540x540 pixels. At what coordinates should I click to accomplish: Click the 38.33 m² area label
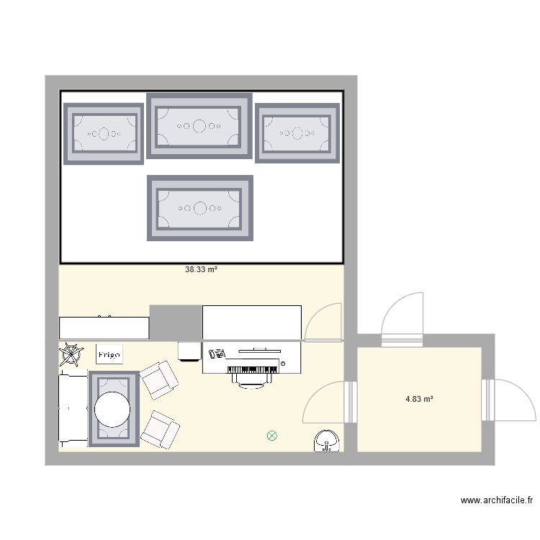pyautogui.click(x=201, y=269)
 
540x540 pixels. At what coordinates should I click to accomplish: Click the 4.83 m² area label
pyautogui.click(x=419, y=399)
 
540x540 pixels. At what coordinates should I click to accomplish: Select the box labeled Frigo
pyautogui.click(x=110, y=354)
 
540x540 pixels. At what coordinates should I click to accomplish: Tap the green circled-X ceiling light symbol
pyautogui.click(x=271, y=435)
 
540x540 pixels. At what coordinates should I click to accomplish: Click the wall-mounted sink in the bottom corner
pyautogui.click(x=328, y=441)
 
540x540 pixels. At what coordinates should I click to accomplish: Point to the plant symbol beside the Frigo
pyautogui.click(x=71, y=354)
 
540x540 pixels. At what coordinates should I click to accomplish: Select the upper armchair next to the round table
pyautogui.click(x=159, y=380)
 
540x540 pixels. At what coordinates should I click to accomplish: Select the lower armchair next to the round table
pyautogui.click(x=160, y=430)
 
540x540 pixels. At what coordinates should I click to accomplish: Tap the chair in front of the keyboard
pyautogui.click(x=251, y=382)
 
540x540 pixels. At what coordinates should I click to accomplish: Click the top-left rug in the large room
pyautogui.click(x=104, y=133)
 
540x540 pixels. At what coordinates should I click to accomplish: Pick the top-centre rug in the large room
pyautogui.click(x=199, y=126)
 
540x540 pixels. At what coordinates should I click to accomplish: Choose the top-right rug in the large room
pyautogui.click(x=297, y=133)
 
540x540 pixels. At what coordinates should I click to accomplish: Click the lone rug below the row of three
pyautogui.click(x=199, y=208)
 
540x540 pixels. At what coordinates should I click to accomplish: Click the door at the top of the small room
pyautogui.click(x=402, y=317)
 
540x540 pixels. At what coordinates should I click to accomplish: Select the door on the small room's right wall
pyautogui.click(x=510, y=400)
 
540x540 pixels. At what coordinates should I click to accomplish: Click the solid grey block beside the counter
pyautogui.click(x=175, y=322)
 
